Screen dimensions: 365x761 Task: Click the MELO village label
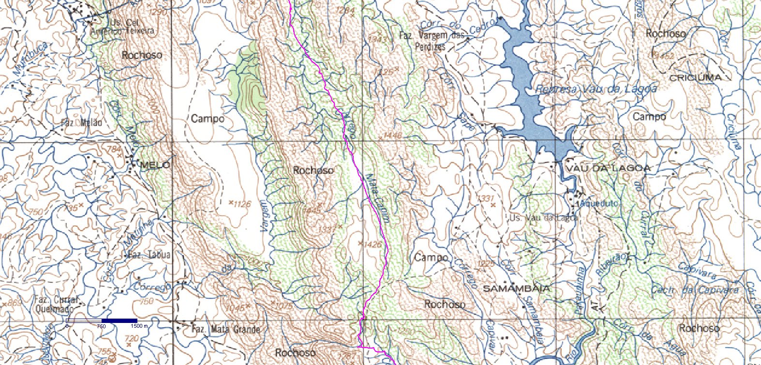(x=155, y=165)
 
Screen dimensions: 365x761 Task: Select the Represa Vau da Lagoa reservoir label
(x=596, y=89)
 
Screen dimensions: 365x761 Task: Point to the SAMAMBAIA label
(x=517, y=289)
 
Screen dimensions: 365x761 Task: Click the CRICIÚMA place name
(x=695, y=77)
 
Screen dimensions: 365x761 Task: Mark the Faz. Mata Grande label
(x=226, y=330)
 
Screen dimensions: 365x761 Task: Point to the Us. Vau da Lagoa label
(x=543, y=218)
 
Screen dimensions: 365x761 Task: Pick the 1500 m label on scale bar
(x=139, y=326)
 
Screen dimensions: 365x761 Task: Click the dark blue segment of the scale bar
(x=119, y=321)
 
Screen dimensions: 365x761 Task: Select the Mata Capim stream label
(x=378, y=198)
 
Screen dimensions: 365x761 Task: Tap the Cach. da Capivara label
(x=695, y=290)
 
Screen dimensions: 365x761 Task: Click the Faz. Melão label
(x=82, y=123)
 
